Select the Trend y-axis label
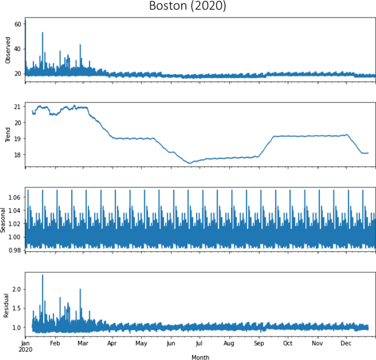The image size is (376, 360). pos(8,134)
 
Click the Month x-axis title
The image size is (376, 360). pos(200,357)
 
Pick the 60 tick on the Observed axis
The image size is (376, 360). pos(17,24)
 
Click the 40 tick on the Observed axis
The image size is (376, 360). pos(17,49)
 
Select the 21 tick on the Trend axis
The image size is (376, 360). pos(17,106)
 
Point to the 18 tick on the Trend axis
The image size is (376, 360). pos(17,155)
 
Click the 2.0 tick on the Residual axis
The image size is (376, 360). pos(16,289)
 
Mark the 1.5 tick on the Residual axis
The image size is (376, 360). pos(16,308)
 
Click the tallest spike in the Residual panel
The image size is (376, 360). pos(43,275)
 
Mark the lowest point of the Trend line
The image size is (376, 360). pos(190,163)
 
